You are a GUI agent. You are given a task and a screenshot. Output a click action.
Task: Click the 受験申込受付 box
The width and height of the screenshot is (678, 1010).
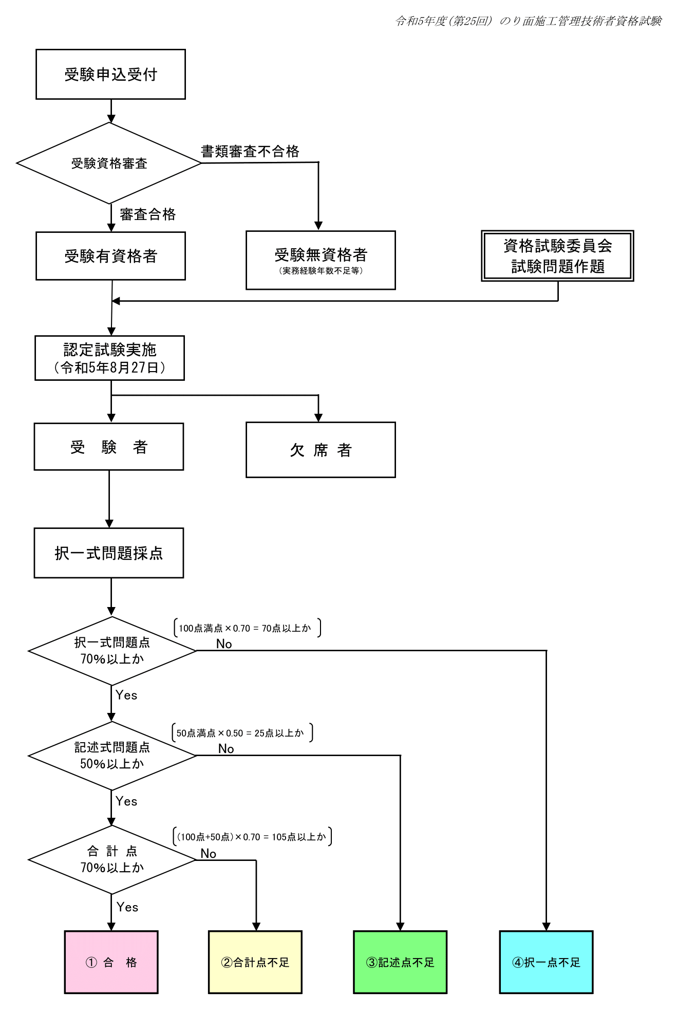[110, 75]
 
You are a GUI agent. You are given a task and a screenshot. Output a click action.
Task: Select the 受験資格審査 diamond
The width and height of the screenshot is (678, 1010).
[109, 163]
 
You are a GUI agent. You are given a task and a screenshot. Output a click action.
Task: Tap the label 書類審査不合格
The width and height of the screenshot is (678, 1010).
[250, 151]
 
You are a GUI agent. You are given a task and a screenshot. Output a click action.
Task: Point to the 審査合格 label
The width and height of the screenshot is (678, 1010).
[148, 214]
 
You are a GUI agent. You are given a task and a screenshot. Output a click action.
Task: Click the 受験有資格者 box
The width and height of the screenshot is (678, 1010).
[110, 256]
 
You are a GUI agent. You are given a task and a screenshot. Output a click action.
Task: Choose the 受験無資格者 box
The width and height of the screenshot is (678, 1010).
[321, 260]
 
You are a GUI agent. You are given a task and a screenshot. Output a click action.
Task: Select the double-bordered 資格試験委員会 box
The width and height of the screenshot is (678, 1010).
[557, 256]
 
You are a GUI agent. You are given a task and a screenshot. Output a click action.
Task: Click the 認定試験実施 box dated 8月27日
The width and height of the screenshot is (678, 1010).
[109, 358]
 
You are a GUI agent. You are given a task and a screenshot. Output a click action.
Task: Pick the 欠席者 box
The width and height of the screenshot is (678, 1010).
[321, 450]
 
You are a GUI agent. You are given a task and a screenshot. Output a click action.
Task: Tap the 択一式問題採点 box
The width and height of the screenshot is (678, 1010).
[109, 553]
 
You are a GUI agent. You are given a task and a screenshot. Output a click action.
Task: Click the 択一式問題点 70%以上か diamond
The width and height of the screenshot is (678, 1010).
[112, 651]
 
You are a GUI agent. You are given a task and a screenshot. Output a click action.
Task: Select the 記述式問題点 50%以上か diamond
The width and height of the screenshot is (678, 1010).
[112, 756]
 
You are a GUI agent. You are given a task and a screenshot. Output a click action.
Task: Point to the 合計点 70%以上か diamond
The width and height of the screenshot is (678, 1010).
[112, 860]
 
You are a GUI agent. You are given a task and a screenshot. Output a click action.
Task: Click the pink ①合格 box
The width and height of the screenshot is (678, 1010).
[111, 962]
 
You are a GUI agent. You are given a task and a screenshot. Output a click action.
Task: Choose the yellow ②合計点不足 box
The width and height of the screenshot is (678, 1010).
[255, 962]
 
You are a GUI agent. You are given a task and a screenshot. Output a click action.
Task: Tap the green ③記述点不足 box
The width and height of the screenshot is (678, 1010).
[400, 962]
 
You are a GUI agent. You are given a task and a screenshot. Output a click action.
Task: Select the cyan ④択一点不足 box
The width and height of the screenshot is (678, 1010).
[546, 962]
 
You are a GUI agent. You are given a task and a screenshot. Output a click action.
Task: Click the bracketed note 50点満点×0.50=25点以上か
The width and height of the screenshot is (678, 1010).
[241, 733]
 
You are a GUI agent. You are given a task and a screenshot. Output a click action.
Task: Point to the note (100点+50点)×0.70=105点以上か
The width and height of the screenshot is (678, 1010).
[252, 837]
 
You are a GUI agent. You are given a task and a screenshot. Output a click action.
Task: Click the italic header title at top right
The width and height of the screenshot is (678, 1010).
[529, 21]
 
